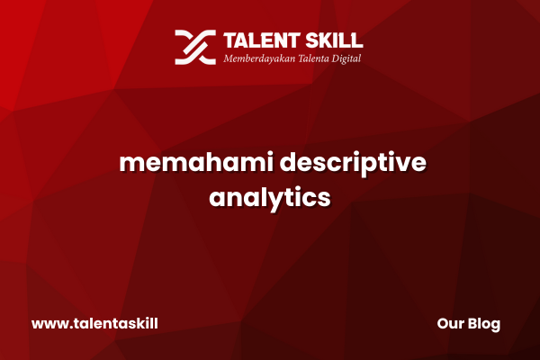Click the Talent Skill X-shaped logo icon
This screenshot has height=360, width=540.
tap(195, 47)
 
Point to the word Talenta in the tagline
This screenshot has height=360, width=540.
tap(313, 58)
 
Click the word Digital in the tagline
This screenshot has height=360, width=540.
tap(346, 58)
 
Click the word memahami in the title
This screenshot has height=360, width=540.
tap(196, 162)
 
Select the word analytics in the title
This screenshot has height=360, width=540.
tap(270, 198)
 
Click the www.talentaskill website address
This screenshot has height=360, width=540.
tap(94, 323)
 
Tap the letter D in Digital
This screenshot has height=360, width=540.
tap(336, 58)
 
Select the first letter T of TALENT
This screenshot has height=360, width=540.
tap(230, 40)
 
